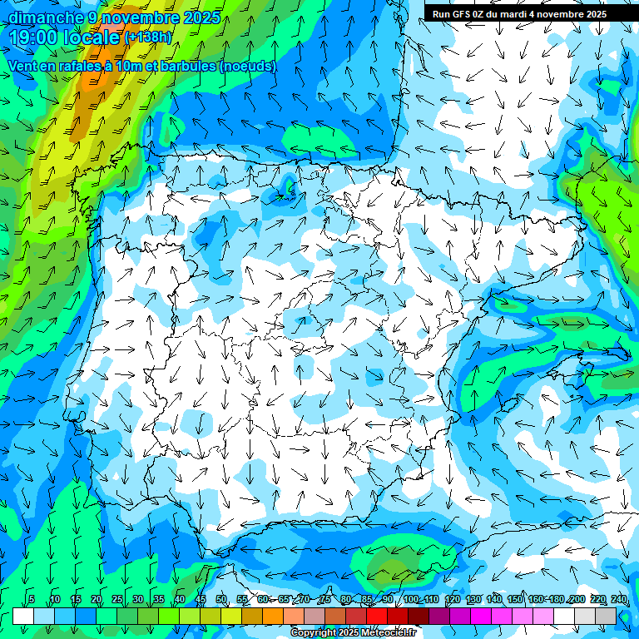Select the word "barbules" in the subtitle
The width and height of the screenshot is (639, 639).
[x=181, y=66]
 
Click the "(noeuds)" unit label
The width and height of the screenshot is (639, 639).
[x=248, y=66]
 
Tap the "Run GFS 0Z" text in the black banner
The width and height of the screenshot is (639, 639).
[x=458, y=14]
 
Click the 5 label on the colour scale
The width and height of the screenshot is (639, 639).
[x=31, y=600]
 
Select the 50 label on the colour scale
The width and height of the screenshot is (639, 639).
[x=221, y=600]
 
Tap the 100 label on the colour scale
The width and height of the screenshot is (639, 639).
[x=411, y=600]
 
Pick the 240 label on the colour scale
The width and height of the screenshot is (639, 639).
[x=618, y=600]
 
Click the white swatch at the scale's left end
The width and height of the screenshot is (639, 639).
[x=23, y=616]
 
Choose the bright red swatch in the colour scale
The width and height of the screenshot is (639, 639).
[x=377, y=616]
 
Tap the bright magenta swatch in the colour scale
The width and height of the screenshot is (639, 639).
[x=481, y=616]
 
